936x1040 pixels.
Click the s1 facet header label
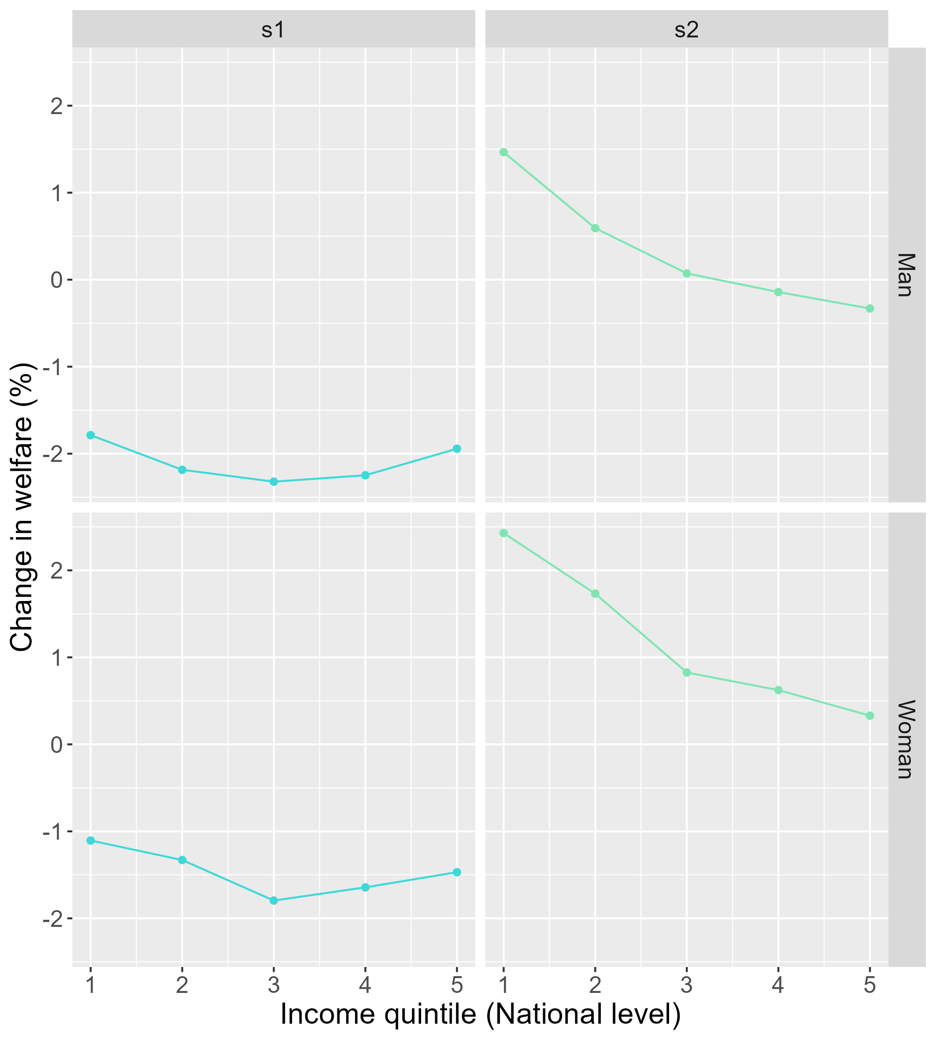pos(273,30)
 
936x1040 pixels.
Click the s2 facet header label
pos(687,30)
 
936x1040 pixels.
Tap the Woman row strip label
pos(906,739)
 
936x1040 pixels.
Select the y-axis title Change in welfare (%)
pos(22,507)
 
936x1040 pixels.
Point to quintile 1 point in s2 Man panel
pos(503,152)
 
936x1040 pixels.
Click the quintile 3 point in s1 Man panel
pos(274,482)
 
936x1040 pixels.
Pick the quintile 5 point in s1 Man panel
pos(457,449)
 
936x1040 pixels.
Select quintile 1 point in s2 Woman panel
pos(503,533)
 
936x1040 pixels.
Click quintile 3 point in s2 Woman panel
pos(687,672)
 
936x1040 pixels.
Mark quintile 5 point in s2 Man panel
pos(869,309)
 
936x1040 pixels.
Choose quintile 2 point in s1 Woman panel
pos(182,860)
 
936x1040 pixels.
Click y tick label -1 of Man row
pos(53,367)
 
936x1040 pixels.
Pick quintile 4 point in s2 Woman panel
pos(778,690)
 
